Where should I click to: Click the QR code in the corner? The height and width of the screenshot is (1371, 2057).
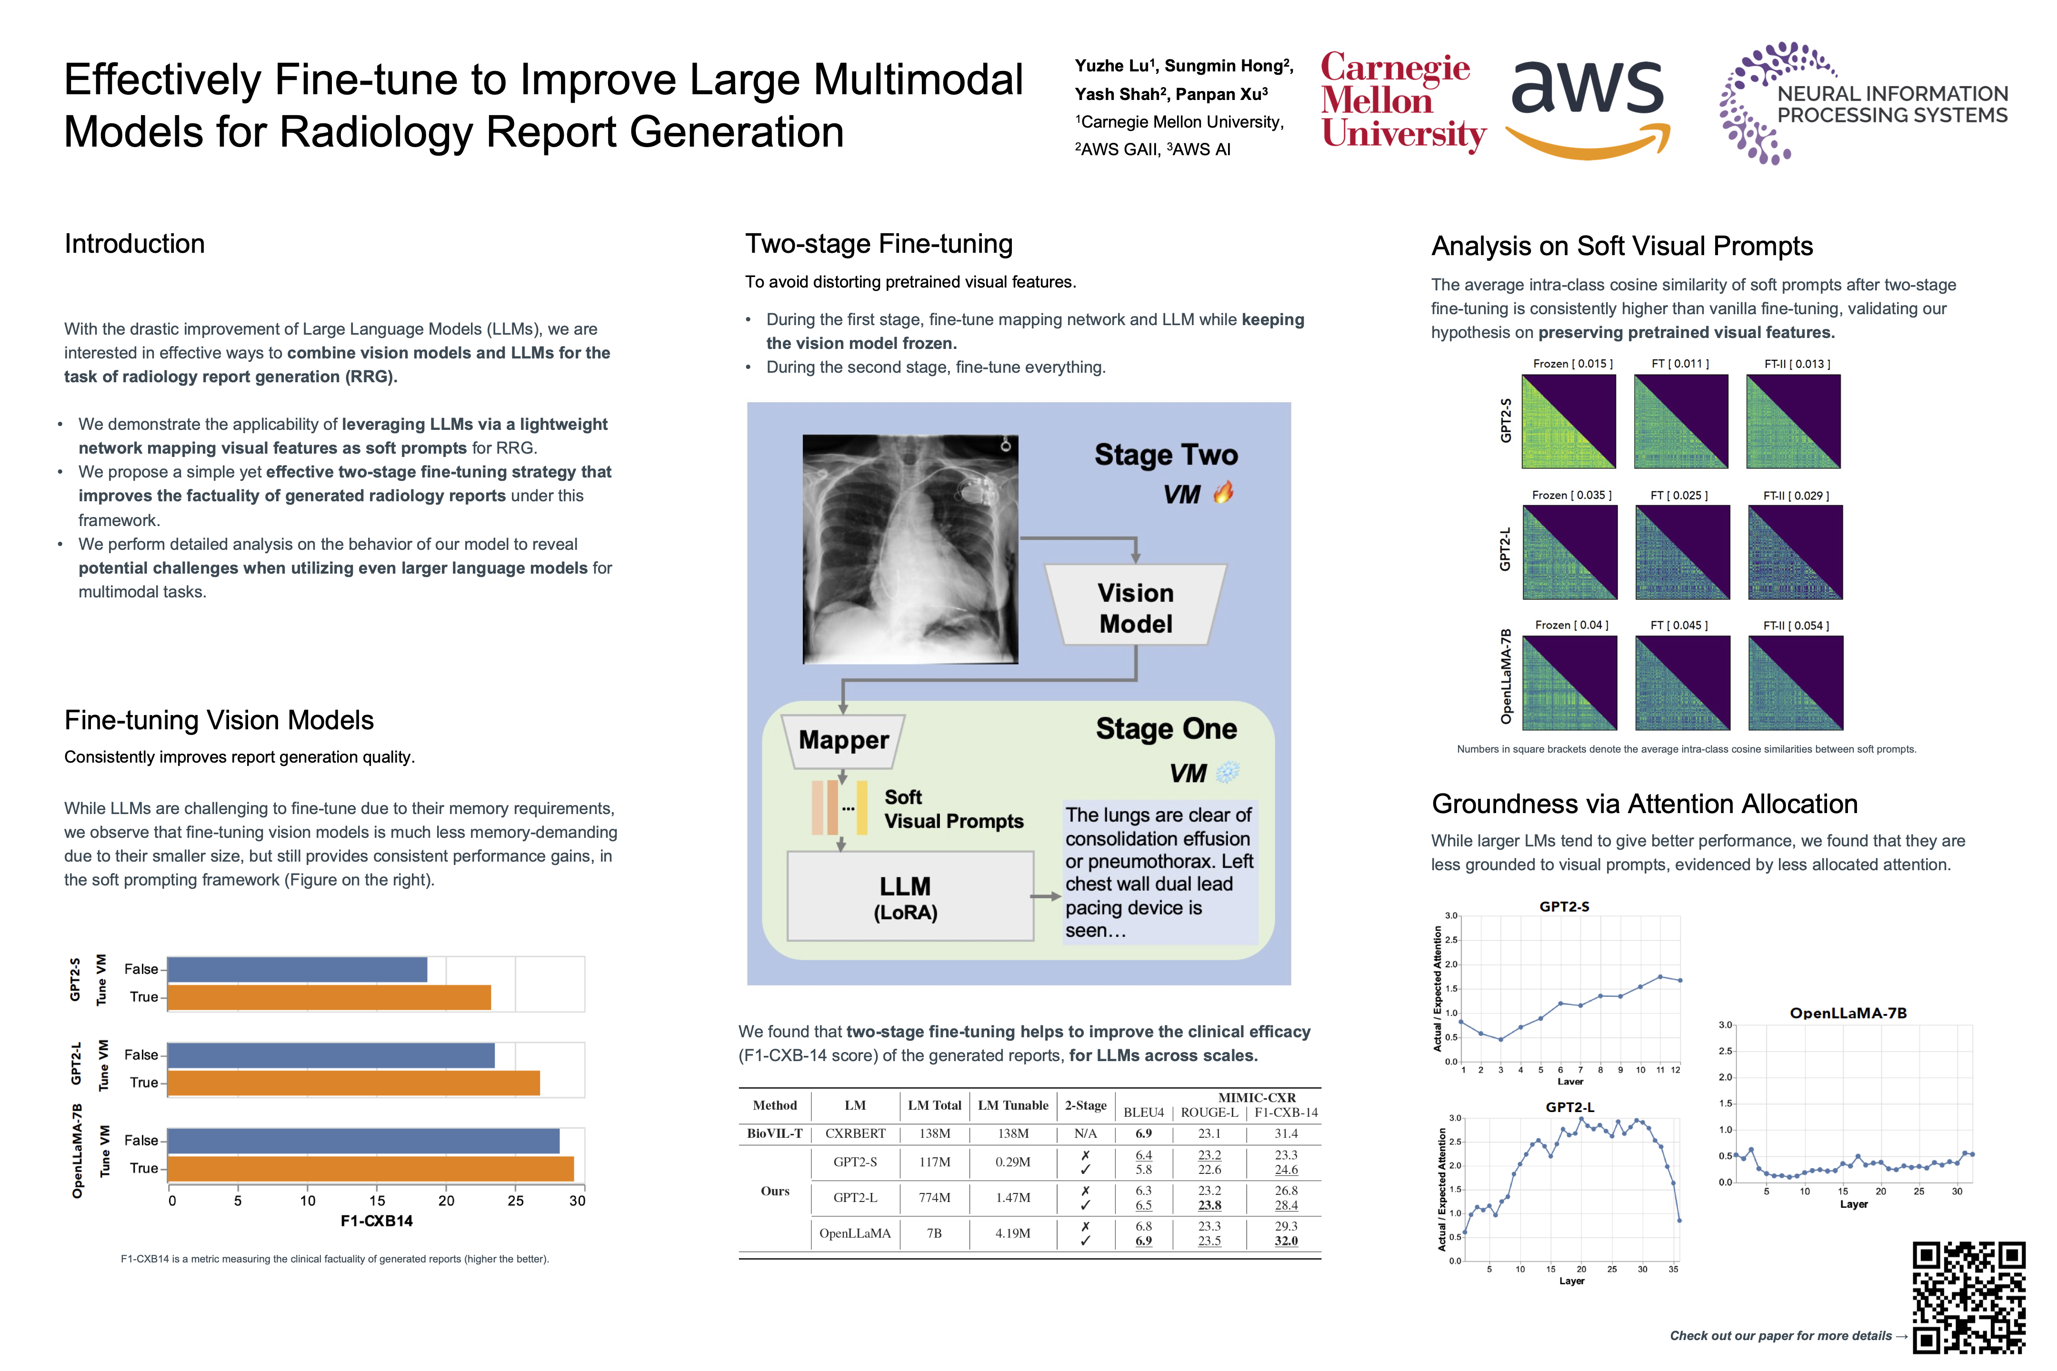click(x=1968, y=1297)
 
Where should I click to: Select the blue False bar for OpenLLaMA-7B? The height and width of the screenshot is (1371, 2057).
click(x=363, y=1140)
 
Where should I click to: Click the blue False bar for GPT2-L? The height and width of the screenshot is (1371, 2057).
click(x=330, y=1055)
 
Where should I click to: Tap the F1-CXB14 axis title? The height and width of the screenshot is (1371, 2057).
click(x=376, y=1221)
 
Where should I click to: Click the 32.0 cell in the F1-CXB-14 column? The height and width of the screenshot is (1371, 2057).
click(x=1286, y=1241)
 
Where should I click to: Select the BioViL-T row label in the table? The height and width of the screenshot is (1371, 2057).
click(x=774, y=1133)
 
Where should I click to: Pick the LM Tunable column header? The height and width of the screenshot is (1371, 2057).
click(x=1013, y=1105)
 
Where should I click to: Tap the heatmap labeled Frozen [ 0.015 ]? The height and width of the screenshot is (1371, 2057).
click(x=1568, y=421)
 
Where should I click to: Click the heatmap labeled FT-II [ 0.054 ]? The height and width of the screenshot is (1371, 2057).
click(x=1796, y=683)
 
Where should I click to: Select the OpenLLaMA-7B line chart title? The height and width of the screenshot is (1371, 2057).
click(x=1848, y=1013)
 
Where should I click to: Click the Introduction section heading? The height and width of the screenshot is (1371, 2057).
click(x=135, y=244)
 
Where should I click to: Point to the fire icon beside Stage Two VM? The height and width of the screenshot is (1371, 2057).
click(x=1223, y=493)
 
